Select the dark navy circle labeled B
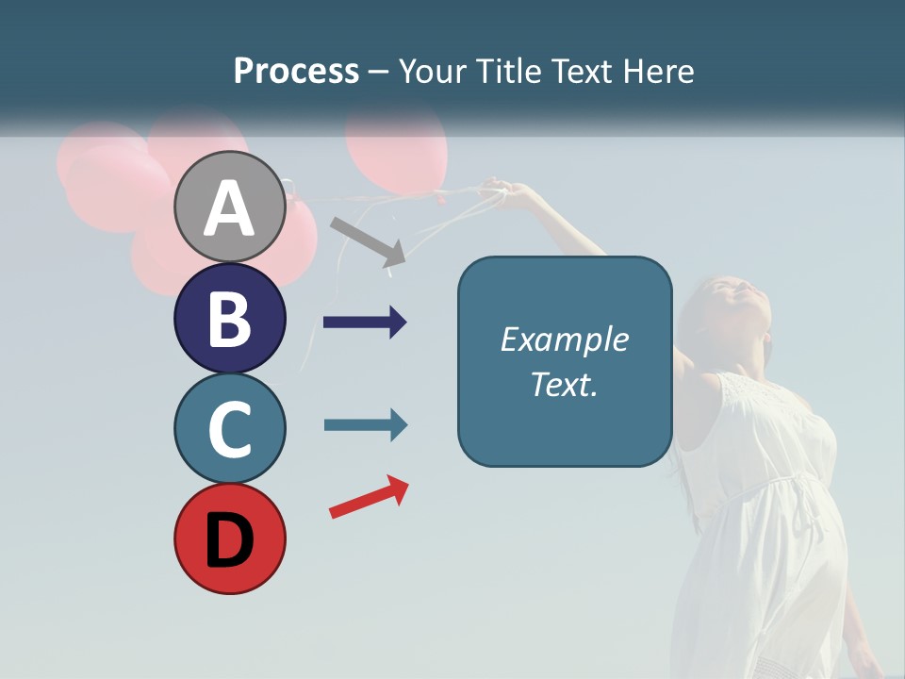tap(230, 318)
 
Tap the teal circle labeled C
tap(230, 429)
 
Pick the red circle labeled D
tap(230, 538)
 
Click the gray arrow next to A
tap(368, 240)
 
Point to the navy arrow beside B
tap(365, 323)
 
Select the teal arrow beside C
tap(365, 424)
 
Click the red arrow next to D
tap(369, 497)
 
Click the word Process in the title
tap(296, 72)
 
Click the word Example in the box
tap(564, 339)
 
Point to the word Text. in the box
tap(564, 384)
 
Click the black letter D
tap(230, 540)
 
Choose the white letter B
tap(230, 319)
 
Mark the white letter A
tap(230, 209)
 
